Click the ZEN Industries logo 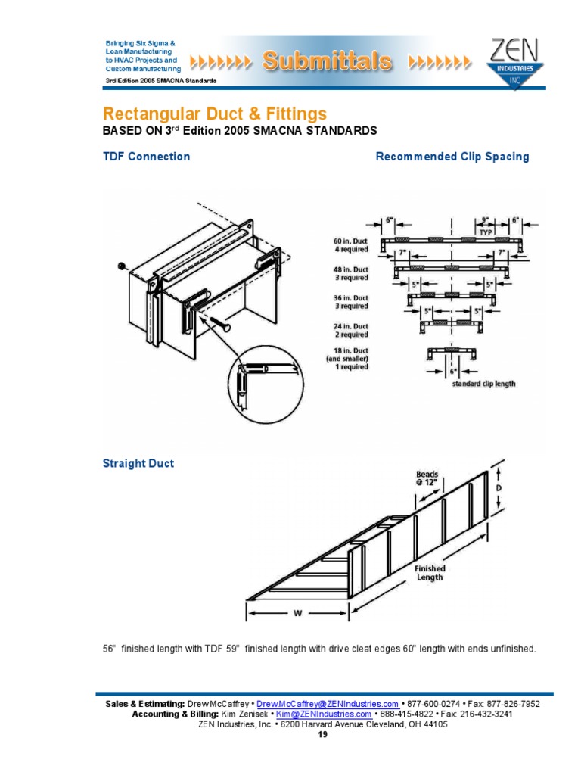click(x=514, y=63)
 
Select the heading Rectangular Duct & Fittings click(x=215, y=114)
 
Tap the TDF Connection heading click(x=146, y=157)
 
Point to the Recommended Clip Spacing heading click(x=452, y=157)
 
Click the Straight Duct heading click(x=138, y=463)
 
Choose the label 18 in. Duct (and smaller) click(x=344, y=357)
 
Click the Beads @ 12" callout click(x=427, y=480)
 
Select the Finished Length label click(x=429, y=573)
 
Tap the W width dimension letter click(x=297, y=614)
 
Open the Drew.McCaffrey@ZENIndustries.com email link click(x=328, y=704)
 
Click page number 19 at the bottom click(x=323, y=734)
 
